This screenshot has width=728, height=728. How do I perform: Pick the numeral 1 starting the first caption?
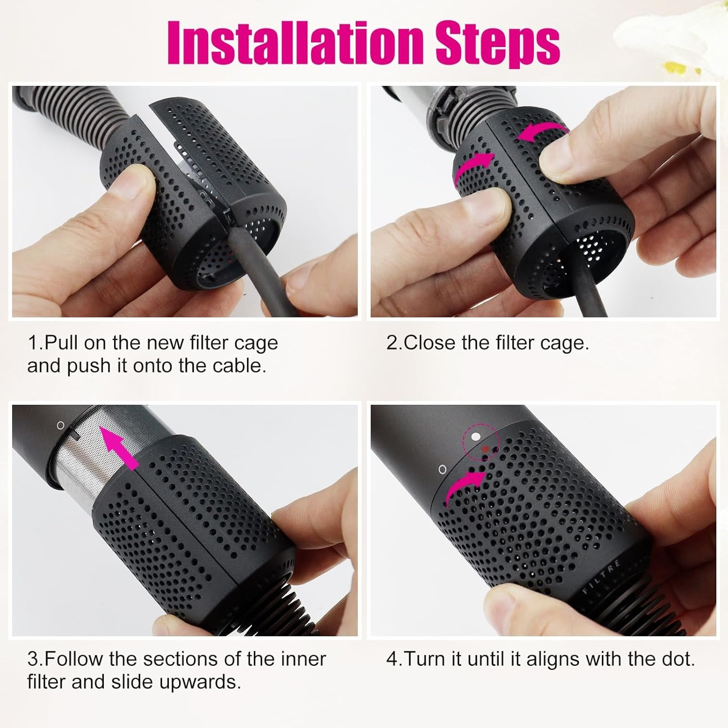point(33,343)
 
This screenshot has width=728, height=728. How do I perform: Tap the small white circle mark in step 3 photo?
point(61,425)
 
